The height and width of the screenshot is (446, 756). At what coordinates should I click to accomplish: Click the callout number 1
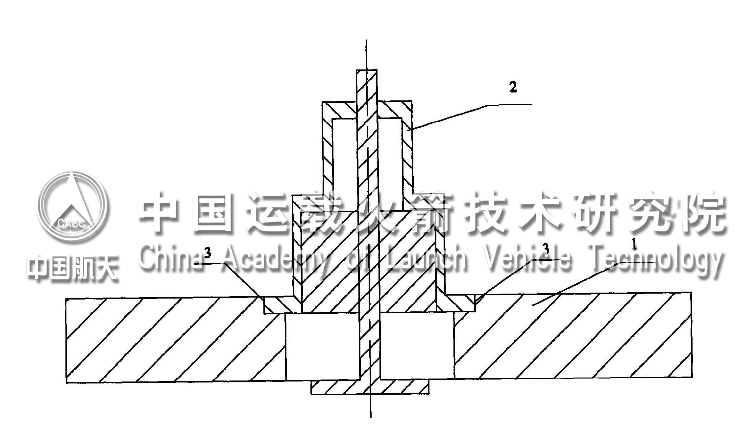(634, 245)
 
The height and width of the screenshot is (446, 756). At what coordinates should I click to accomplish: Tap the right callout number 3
(546, 249)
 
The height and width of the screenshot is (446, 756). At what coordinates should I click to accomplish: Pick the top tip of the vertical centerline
(366, 40)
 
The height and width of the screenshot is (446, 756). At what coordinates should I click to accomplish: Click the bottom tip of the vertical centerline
(371, 417)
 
